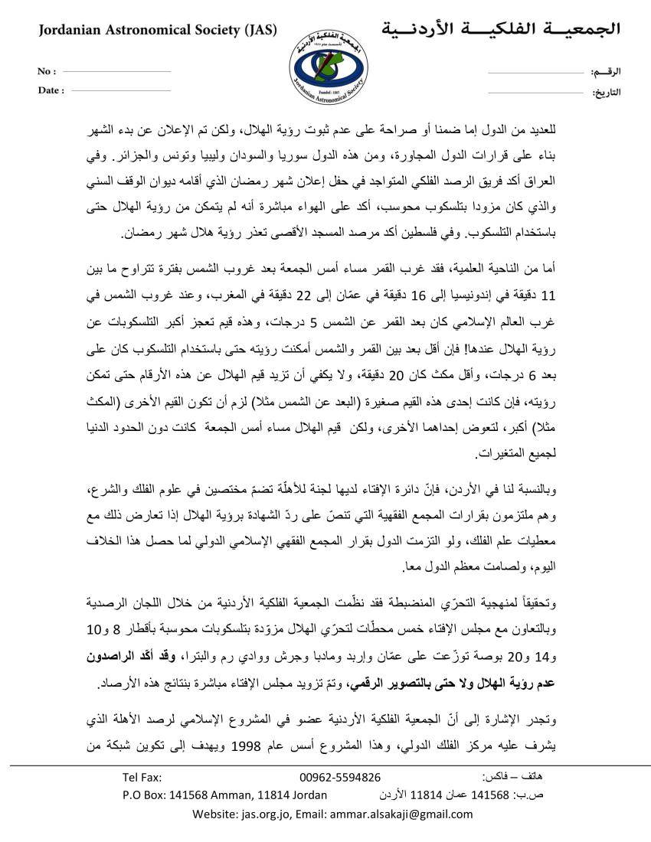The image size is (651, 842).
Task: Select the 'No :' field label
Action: click(x=47, y=71)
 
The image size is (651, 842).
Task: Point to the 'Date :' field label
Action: click(x=51, y=90)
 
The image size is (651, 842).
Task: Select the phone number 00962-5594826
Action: click(x=340, y=777)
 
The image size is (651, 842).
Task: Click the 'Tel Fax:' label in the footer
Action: click(x=142, y=777)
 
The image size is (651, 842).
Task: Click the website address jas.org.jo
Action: click(x=266, y=813)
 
